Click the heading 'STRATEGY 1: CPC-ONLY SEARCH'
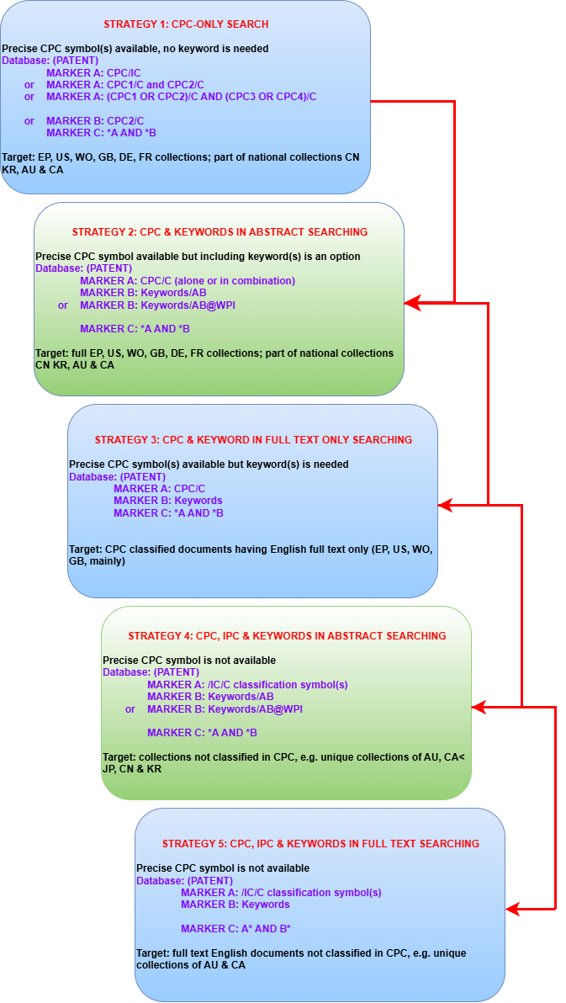coord(186,24)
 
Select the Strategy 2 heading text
coord(220,231)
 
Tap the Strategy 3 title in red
coord(253,440)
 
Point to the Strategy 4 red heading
coord(287,636)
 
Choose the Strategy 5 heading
coord(321,844)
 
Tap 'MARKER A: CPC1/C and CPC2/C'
coord(125,85)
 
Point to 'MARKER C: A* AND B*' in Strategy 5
coord(236,928)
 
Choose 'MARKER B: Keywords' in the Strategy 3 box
coord(168,501)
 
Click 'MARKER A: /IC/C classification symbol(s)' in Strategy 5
coord(282,892)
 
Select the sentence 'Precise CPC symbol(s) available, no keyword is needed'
coord(135,49)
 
